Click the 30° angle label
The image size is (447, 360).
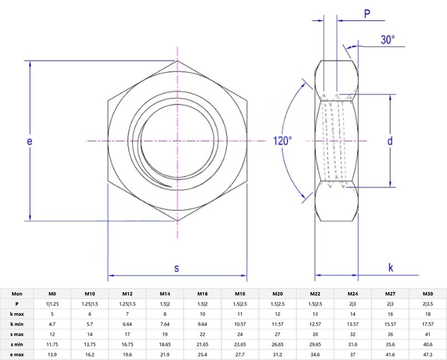coord(388,40)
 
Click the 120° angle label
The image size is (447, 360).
coord(282,141)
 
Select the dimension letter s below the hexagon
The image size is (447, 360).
coord(177,268)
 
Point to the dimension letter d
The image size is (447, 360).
coord(390,141)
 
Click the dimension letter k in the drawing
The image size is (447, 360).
coord(391,268)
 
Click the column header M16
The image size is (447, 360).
coord(202,294)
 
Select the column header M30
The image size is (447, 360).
coord(427,294)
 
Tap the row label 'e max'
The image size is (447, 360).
coord(17,355)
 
